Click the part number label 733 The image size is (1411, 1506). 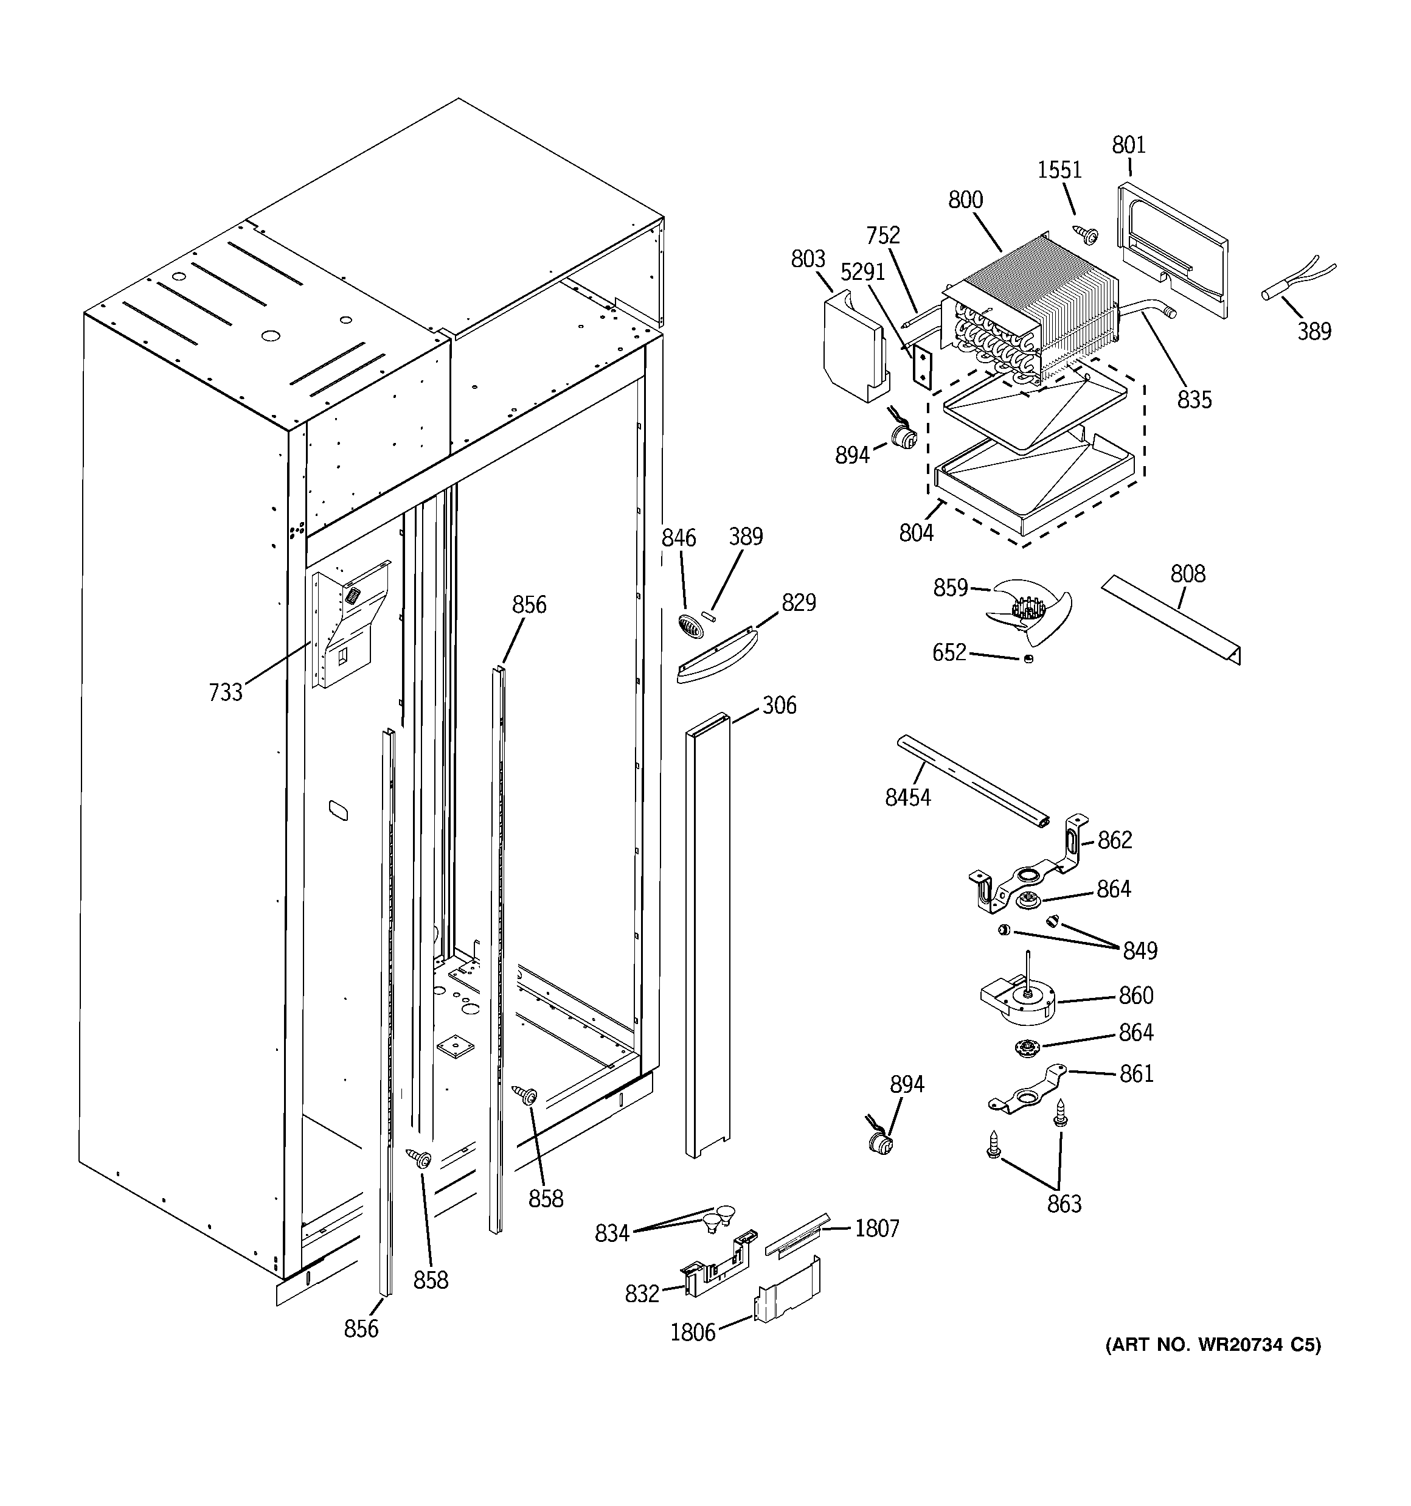coord(225,692)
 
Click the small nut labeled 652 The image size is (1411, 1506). coord(1028,659)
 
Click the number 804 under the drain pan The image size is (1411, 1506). coord(916,533)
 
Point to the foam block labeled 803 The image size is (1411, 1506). coord(853,349)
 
